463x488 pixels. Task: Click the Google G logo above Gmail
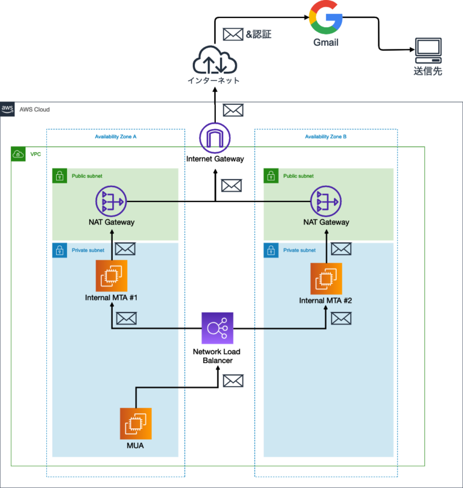click(326, 19)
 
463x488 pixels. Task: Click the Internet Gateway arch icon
click(215, 139)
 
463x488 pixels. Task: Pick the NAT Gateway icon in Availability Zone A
click(111, 201)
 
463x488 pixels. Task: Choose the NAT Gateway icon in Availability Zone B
click(326, 201)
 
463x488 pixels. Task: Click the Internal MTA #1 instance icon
click(112, 276)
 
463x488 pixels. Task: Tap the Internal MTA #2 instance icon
click(326, 279)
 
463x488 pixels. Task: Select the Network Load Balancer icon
click(216, 328)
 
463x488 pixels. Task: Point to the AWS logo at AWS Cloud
click(7, 109)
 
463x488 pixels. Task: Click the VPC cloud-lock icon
click(18, 154)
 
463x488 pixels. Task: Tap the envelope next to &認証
click(233, 34)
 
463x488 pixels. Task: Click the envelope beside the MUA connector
click(233, 381)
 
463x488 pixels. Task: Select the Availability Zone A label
click(116, 137)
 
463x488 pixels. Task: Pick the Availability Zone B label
click(326, 137)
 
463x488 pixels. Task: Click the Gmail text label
click(326, 42)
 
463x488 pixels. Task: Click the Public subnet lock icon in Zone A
click(59, 176)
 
